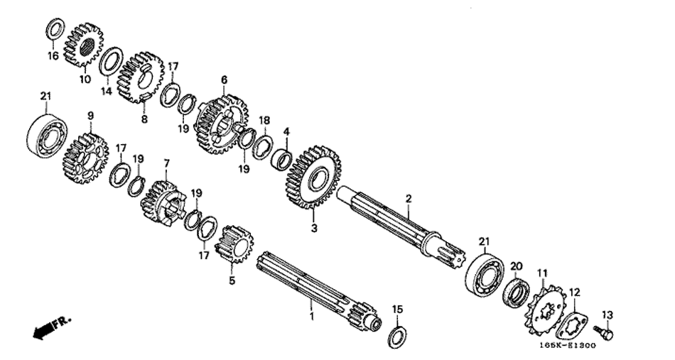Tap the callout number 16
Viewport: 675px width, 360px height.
point(53,56)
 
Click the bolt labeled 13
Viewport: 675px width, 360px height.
point(603,332)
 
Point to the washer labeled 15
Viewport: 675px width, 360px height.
point(397,338)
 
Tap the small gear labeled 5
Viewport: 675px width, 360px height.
point(234,243)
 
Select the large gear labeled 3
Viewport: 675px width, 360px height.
point(313,177)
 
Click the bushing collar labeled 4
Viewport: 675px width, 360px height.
point(282,159)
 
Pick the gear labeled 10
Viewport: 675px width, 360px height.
point(84,45)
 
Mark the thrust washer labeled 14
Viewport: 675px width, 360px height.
point(111,62)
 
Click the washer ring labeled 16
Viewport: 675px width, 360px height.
point(55,29)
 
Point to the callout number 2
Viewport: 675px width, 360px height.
point(409,199)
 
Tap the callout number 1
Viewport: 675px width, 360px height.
point(312,317)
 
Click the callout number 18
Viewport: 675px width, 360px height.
point(264,119)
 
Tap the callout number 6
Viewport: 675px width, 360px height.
point(224,80)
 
